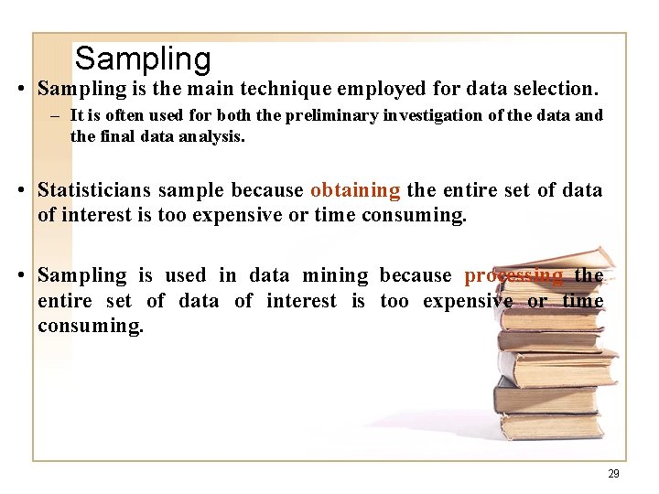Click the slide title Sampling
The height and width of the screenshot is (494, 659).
click(x=143, y=59)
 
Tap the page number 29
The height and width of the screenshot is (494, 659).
click(x=613, y=474)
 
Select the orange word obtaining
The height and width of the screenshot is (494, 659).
click(x=355, y=190)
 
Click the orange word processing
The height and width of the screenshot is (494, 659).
click(x=513, y=275)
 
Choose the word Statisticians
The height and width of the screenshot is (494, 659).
click(x=94, y=190)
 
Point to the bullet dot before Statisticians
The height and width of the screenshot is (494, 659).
click(x=19, y=191)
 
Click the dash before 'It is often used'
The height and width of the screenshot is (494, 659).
click(x=57, y=116)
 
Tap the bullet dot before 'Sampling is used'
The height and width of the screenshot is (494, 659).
click(x=19, y=276)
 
